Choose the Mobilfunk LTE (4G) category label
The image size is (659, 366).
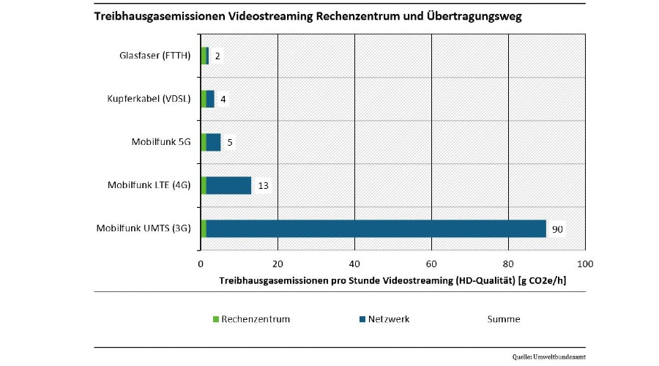(x=149, y=184)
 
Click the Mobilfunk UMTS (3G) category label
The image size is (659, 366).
(x=144, y=228)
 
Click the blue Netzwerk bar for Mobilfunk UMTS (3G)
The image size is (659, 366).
(x=376, y=228)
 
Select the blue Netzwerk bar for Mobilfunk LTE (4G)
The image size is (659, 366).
(x=228, y=185)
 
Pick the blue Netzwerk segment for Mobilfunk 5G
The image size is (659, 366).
(x=213, y=142)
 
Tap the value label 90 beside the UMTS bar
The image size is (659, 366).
(x=557, y=229)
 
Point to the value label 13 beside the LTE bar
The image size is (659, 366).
(x=263, y=186)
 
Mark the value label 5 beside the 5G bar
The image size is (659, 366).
(x=230, y=142)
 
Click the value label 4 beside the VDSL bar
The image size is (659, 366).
(x=223, y=99)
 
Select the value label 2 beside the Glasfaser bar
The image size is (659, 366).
(x=217, y=56)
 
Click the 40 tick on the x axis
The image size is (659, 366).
(x=354, y=264)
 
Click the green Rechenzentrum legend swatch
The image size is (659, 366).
(x=215, y=319)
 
